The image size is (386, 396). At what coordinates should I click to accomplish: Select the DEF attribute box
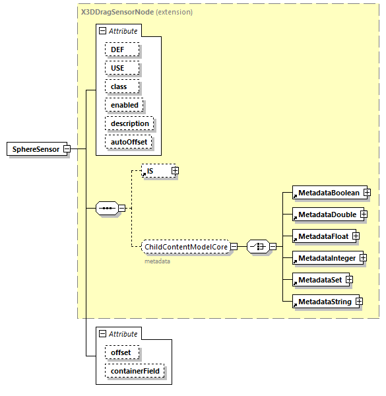coord(117,49)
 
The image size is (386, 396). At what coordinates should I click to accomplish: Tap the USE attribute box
coord(117,68)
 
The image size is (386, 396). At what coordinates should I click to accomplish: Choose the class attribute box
coord(119,86)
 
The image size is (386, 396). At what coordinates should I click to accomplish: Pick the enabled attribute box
coord(124,105)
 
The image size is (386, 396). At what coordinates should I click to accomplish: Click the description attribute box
coord(129,123)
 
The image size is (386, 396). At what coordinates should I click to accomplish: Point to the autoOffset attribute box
coord(129,142)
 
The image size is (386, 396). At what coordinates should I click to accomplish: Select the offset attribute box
coord(120,352)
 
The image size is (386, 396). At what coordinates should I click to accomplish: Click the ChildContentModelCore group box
coord(186,247)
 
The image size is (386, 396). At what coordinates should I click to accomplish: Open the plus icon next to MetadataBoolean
coord(366,192)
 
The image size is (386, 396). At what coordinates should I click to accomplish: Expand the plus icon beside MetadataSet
coord(349,280)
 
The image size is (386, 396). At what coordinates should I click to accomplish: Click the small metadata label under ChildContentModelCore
coord(157,261)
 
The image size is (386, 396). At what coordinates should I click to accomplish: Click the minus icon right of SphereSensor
coord(66,149)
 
